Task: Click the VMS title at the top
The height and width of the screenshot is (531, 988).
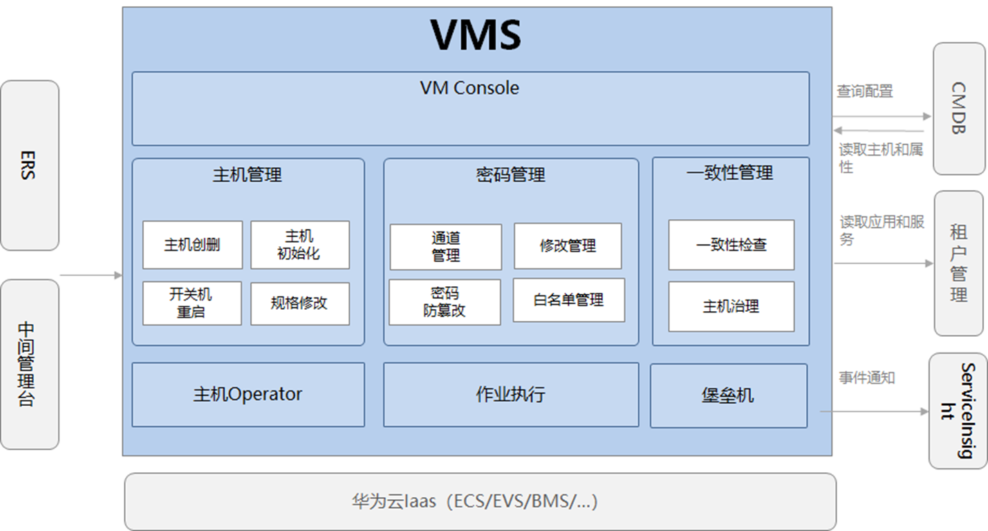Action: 476,35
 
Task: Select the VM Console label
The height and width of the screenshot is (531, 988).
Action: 469,88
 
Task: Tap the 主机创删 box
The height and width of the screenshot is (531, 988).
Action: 192,245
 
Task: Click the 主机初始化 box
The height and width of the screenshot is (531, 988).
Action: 299,245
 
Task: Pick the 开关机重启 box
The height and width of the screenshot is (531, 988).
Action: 192,303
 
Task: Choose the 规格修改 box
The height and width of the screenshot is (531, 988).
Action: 299,303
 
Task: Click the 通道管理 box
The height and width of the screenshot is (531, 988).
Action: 445,247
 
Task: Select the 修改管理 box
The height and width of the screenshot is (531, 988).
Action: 568,245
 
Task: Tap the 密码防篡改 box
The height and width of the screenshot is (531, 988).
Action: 444,302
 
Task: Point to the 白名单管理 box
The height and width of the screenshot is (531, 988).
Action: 568,300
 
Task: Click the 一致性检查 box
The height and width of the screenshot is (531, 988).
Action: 731,245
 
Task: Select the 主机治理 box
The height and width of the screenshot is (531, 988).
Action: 731,306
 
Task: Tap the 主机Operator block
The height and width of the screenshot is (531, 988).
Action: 248,395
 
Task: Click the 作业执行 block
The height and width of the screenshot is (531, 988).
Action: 510,395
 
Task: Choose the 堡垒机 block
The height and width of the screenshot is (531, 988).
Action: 728,395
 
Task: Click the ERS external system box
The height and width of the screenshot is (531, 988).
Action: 29,165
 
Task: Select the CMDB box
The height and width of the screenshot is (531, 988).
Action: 959,109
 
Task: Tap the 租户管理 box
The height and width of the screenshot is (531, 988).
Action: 958,263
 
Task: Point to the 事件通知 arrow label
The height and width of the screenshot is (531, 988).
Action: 866,378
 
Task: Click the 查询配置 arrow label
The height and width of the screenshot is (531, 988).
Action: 864,91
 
